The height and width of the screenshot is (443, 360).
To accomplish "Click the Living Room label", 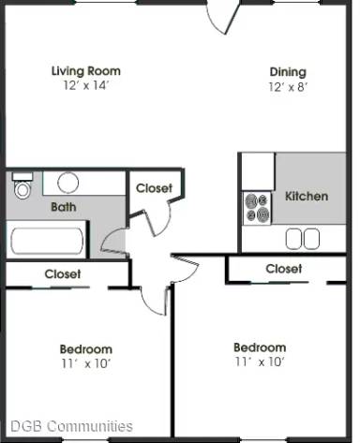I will coord(85,70).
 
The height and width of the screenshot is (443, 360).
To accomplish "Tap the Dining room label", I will coord(288,71).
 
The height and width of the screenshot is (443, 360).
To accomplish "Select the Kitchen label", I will coord(307,196).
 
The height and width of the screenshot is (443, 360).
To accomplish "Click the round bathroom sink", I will coord(67,182).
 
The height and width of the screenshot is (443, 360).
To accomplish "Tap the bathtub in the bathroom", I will coord(47,241).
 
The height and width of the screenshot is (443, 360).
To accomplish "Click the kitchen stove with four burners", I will coord(257,207).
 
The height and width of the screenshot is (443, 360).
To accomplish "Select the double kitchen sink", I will coord(302,239).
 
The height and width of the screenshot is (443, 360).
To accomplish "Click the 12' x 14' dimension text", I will coord(85,85).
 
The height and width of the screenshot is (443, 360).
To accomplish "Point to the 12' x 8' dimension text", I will coord(288,86).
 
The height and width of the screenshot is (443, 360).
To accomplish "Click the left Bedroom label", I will coord(86,349).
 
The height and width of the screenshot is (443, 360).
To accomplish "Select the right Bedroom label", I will coord(260,347).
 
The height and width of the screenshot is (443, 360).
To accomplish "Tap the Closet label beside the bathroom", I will coord(154,188).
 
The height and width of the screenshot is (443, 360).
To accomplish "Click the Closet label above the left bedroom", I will coord(63,274).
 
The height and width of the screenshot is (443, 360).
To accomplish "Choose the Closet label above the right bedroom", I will coord(283,269).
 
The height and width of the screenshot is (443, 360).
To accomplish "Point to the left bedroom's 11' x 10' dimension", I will coord(86,363).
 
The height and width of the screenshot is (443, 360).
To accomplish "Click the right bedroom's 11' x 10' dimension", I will coord(260,362).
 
